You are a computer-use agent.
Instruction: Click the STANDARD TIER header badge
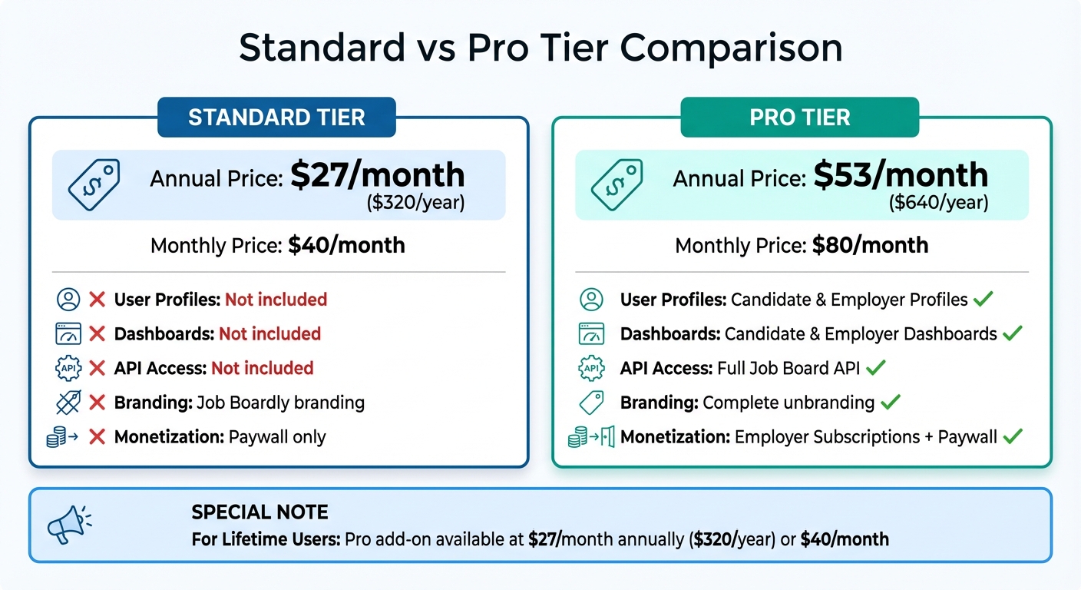point(276,118)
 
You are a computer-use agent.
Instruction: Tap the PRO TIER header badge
point(800,118)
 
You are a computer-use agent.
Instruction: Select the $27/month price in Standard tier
point(377,175)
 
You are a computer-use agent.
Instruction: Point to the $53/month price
point(901,175)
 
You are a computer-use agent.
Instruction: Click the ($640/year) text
point(938,203)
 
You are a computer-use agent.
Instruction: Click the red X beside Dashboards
point(98,334)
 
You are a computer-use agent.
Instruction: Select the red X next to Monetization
point(98,437)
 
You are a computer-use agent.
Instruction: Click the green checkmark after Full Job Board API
point(876,368)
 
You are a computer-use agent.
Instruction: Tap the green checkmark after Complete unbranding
point(890,403)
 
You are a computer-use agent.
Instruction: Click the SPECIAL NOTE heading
point(260,512)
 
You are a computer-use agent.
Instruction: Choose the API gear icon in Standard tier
point(68,368)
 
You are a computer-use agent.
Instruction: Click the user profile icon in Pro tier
point(591,299)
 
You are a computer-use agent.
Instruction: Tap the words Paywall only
point(277,437)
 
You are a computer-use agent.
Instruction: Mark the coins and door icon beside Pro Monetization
point(591,437)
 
